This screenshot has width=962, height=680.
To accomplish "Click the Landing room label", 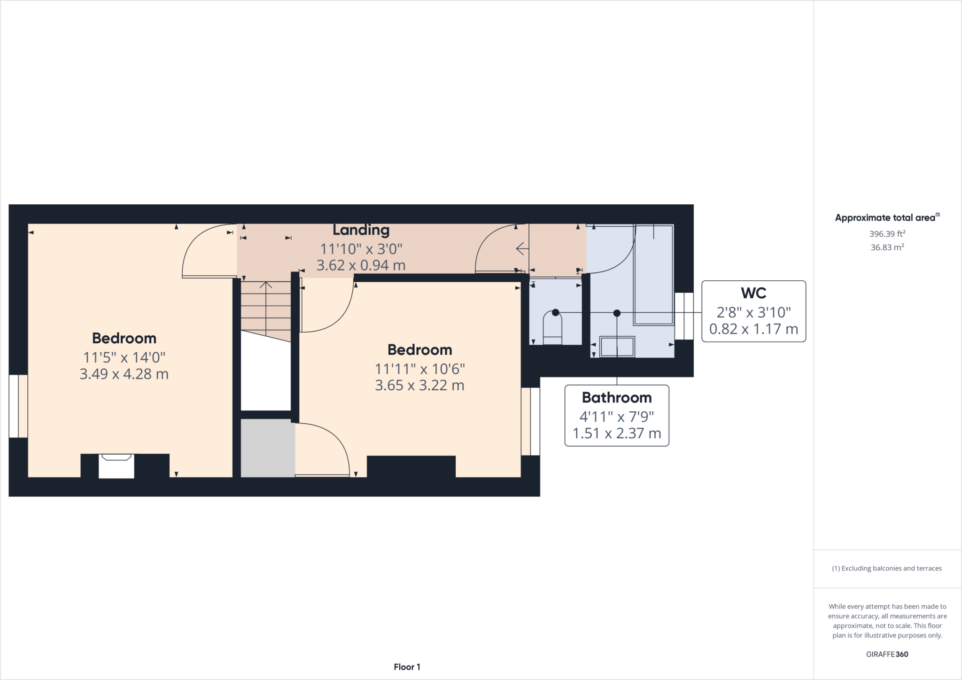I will (x=361, y=230).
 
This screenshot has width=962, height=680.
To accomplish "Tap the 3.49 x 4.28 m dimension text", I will (x=124, y=374).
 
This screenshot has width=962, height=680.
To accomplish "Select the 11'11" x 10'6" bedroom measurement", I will (x=419, y=369).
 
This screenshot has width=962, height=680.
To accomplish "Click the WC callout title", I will (x=753, y=293).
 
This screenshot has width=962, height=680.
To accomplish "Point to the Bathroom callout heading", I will (x=616, y=398).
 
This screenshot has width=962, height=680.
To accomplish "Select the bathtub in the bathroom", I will (x=654, y=275).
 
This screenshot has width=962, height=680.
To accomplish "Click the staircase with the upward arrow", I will (x=266, y=305).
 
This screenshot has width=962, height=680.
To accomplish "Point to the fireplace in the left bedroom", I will (x=116, y=465).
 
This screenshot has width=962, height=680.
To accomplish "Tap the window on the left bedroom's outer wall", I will (x=18, y=406).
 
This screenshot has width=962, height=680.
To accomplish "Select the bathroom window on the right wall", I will (x=684, y=316).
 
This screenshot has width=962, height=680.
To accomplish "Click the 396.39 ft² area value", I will (x=887, y=234).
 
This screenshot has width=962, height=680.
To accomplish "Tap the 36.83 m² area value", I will (x=887, y=247).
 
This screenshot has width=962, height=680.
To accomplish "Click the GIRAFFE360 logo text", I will (x=887, y=654).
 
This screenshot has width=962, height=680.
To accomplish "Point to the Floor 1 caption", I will (x=407, y=667).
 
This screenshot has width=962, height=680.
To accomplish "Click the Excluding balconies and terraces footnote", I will (x=887, y=568).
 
